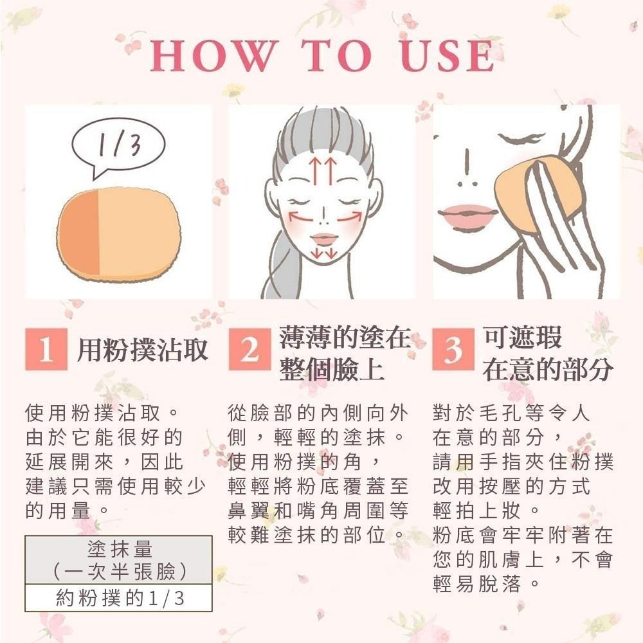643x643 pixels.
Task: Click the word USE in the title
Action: point(448,56)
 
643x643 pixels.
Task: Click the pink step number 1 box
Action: point(46,349)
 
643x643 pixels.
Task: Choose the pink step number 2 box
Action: point(249,349)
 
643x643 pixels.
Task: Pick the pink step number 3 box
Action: point(453,349)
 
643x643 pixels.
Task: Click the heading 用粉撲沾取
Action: point(142,350)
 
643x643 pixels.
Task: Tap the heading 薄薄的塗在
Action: point(345,337)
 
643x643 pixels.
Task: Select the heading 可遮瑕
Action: point(522,337)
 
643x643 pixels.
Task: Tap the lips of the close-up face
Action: point(467,214)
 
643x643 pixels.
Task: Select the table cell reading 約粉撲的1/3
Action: point(119,598)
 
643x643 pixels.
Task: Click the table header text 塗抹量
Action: point(120,548)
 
